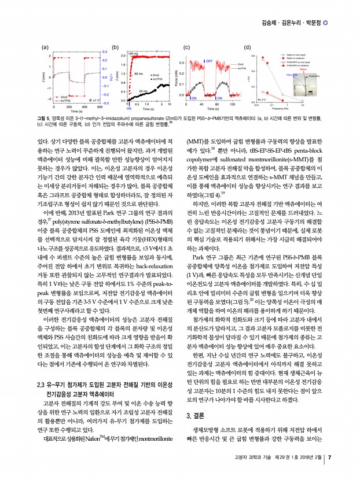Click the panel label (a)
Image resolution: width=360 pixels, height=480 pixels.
[45, 46]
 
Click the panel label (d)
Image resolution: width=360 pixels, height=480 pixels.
[247, 46]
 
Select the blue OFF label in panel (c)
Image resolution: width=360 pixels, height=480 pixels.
[208, 60]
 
